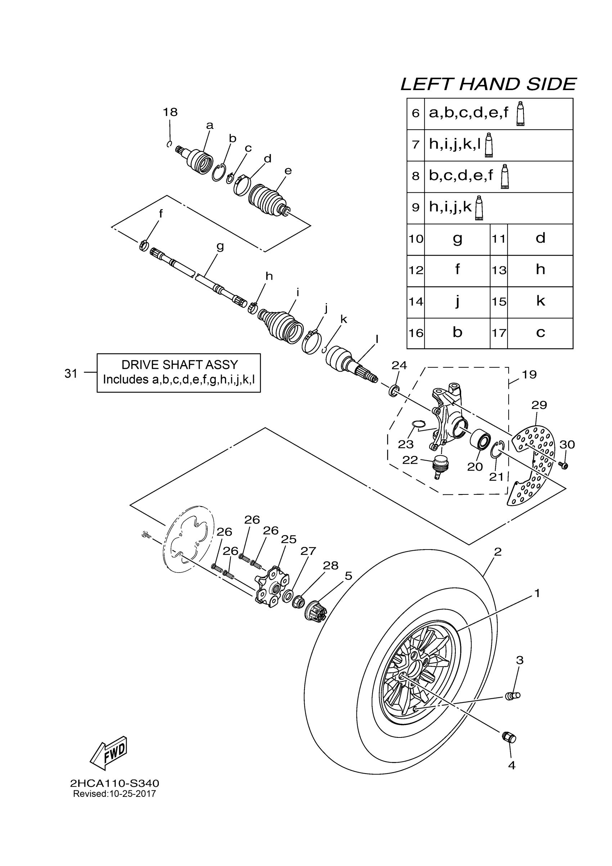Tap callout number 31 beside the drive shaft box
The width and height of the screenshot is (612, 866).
(x=71, y=373)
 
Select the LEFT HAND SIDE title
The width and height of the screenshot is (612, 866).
(x=488, y=84)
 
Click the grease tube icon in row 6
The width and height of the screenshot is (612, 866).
(x=520, y=113)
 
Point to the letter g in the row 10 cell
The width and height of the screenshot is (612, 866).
(x=457, y=239)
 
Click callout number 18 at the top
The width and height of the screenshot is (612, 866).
(x=170, y=112)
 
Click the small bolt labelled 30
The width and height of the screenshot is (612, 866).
(x=564, y=466)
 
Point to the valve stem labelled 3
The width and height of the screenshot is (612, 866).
(x=512, y=696)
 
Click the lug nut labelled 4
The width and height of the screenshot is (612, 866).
(x=509, y=737)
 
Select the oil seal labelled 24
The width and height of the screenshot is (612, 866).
(x=393, y=391)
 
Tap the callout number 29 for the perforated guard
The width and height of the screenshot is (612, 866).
(x=539, y=405)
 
